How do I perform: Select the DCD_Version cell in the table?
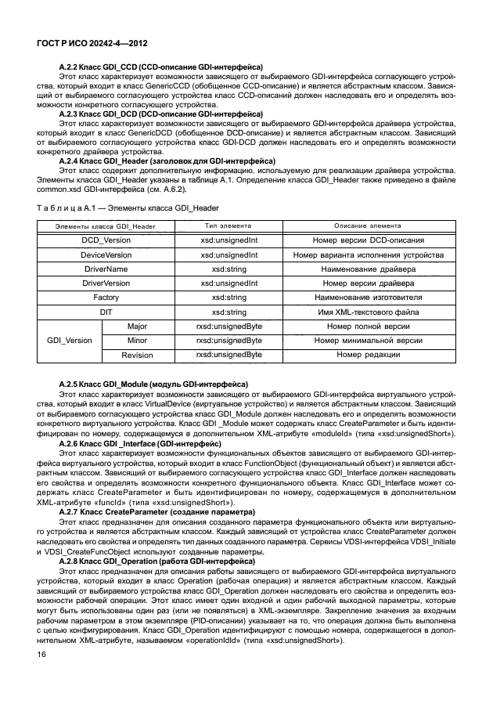click(x=106, y=240)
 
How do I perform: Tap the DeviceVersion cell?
click(x=106, y=255)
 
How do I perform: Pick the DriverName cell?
click(x=106, y=269)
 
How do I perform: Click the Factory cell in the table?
click(x=106, y=298)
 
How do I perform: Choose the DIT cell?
click(x=106, y=312)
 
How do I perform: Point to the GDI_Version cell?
click(x=70, y=341)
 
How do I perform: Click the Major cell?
click(x=137, y=326)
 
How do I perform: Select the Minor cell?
click(x=137, y=341)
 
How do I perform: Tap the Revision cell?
click(x=137, y=355)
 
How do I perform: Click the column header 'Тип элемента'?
click(x=229, y=226)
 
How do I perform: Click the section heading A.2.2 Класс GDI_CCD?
click(x=161, y=67)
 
